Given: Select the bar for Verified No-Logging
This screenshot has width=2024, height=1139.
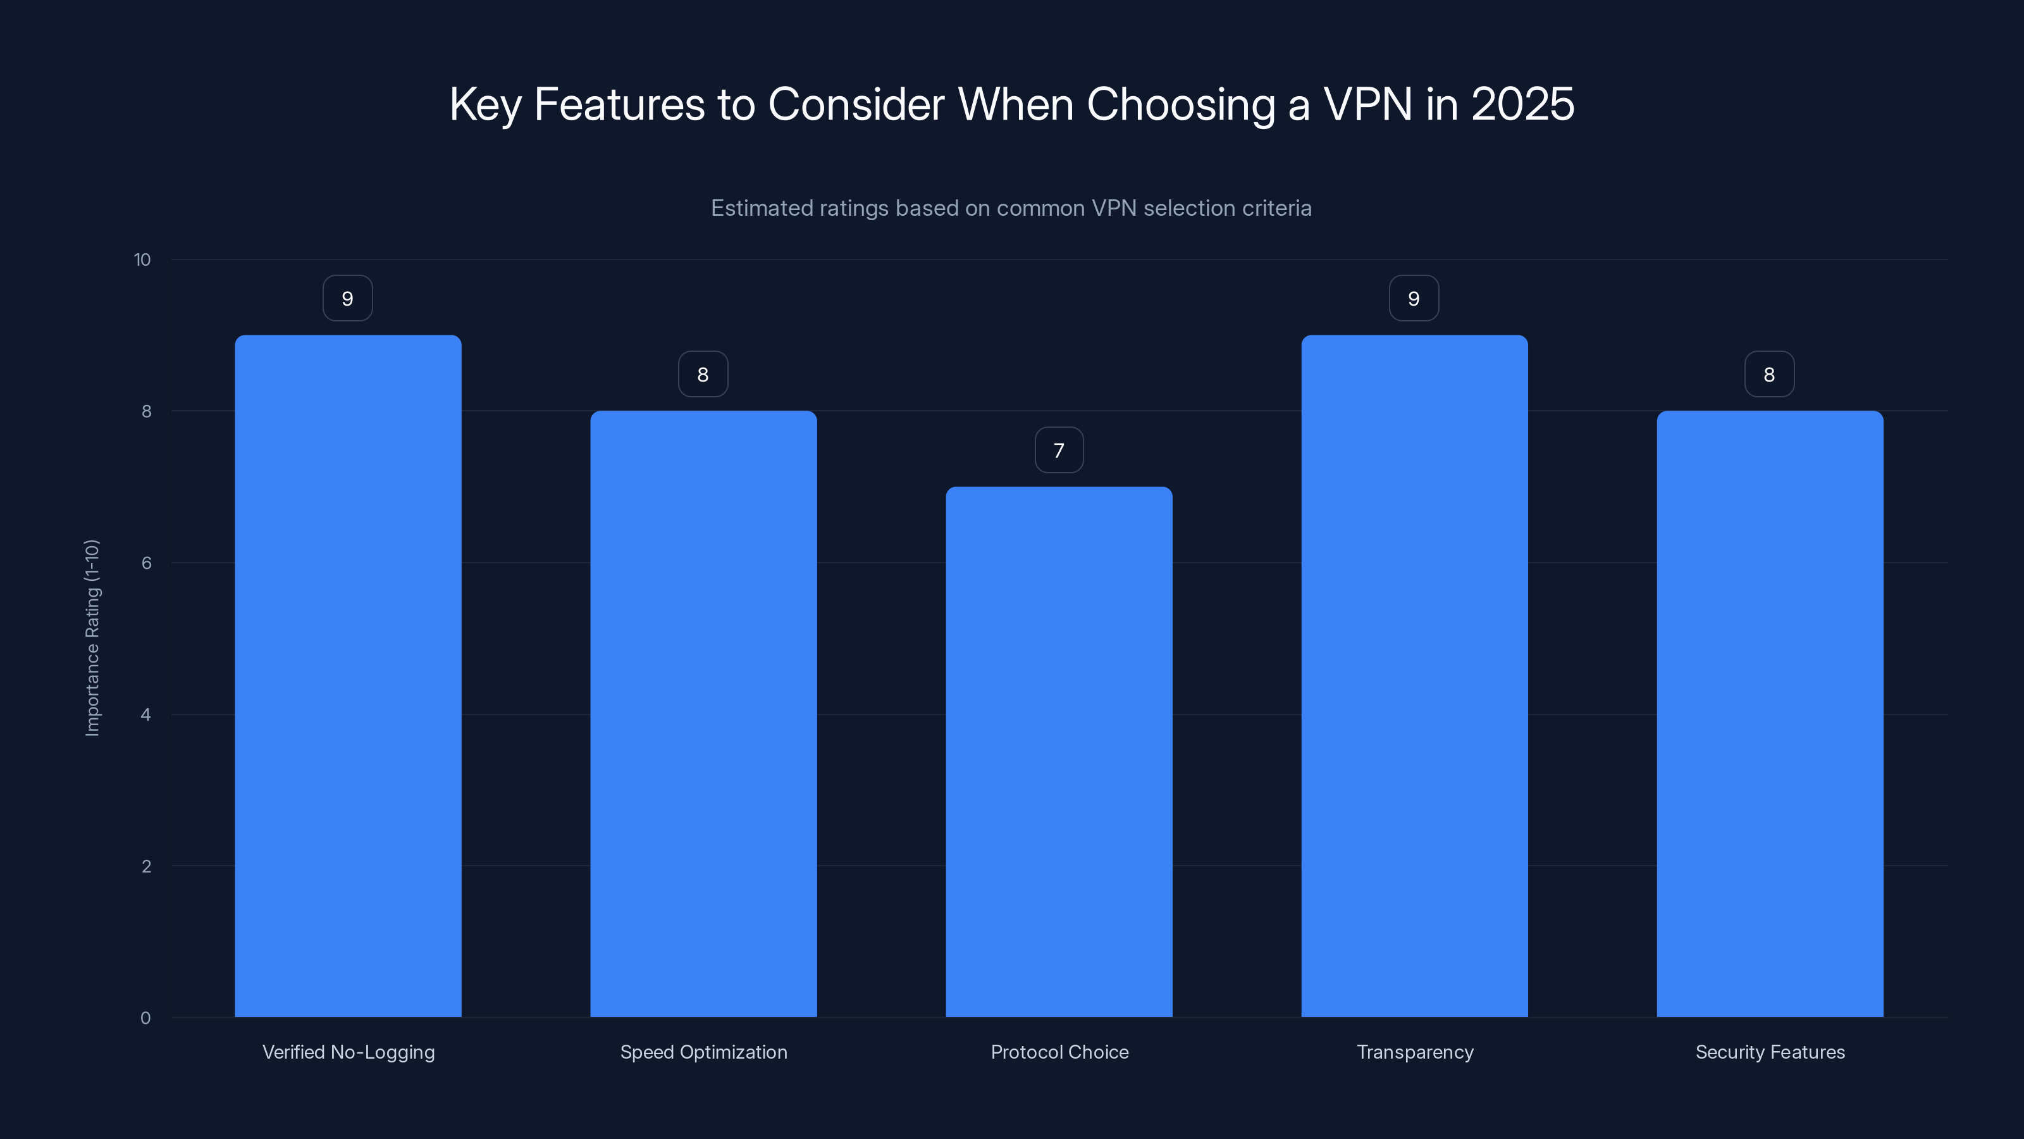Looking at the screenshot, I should [348, 676].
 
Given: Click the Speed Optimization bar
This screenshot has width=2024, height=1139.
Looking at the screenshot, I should [703, 714].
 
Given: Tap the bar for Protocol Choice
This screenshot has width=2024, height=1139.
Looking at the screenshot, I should [1059, 752].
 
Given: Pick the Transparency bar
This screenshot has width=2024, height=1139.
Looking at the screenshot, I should [1414, 676].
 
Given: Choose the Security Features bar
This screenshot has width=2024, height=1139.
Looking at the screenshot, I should [1770, 714].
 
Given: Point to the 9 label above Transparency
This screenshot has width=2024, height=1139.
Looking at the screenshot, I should [1414, 299].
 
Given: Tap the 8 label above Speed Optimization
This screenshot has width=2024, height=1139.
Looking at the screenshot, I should [703, 375].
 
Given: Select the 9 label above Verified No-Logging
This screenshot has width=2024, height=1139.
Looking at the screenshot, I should [348, 299].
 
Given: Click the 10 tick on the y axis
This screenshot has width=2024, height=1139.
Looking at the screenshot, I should [142, 260].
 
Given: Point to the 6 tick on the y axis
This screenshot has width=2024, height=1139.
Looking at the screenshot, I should [146, 563].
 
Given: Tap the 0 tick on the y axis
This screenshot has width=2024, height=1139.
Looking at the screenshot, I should [145, 1018].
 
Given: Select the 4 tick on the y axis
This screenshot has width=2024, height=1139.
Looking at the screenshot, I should [146, 714].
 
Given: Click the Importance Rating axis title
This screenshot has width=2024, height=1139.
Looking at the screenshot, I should [93, 637].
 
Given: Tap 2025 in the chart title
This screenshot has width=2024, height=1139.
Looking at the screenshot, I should [1522, 104].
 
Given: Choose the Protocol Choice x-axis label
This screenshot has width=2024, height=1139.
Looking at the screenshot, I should [1059, 1052].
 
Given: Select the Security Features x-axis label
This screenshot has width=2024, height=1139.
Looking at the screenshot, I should [1770, 1052].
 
